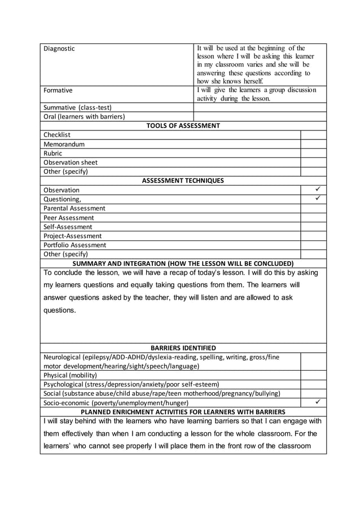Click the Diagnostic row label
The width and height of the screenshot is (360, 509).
pyautogui.click(x=59, y=49)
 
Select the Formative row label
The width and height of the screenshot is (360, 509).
pyautogui.click(x=58, y=90)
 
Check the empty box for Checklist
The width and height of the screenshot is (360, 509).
pyautogui.click(x=313, y=135)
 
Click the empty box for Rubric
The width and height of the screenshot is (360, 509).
pyautogui.click(x=313, y=153)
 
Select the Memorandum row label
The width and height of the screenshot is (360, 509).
pyautogui.click(x=64, y=144)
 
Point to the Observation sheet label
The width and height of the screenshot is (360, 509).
pyautogui.click(x=71, y=163)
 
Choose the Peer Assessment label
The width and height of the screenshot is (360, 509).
pyautogui.click(x=69, y=218)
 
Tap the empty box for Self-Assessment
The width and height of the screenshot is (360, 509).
pyautogui.click(x=313, y=227)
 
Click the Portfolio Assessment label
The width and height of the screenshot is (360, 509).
pyautogui.click(x=74, y=245)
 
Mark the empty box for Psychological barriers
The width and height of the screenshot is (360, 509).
pyautogui.click(x=313, y=384)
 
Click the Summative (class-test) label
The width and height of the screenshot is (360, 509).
pyautogui.click(x=78, y=107)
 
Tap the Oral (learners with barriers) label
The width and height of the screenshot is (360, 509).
pyautogui.click(x=84, y=117)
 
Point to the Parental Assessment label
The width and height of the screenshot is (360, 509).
pyautogui.click(x=74, y=208)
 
